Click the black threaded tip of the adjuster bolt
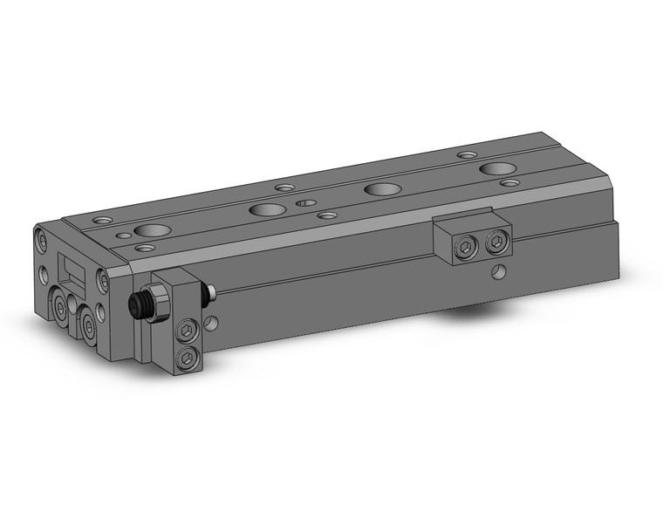pyautogui.click(x=136, y=305)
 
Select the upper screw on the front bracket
pyautogui.click(x=187, y=330)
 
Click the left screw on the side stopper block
pyautogui.click(x=465, y=247)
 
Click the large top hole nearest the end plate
pyautogui.click(x=154, y=231)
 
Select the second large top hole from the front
pyautogui.click(x=265, y=209)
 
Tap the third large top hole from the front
pyautogui.click(x=379, y=188)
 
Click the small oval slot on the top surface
pyautogui.click(x=304, y=201)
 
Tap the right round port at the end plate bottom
pyautogui.click(x=90, y=324)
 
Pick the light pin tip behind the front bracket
pyautogui.click(x=210, y=294)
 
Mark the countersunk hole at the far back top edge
pyautogui.click(x=468, y=154)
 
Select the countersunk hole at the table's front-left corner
pyautogui.click(x=104, y=221)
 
